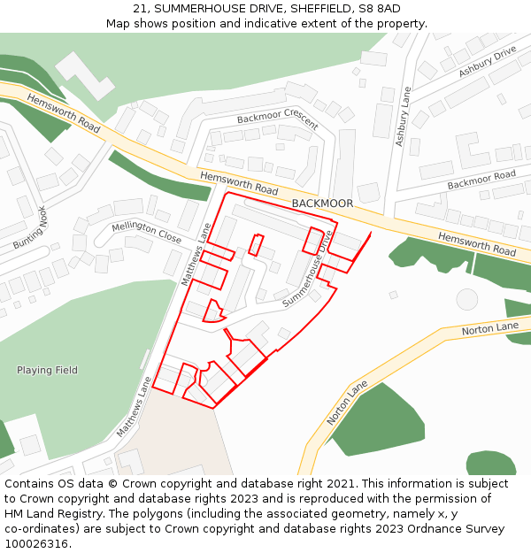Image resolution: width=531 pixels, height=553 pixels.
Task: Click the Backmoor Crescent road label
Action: [277, 119]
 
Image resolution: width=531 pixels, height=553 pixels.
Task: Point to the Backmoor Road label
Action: [481, 180]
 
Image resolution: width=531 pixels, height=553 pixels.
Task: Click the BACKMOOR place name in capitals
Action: [322, 204]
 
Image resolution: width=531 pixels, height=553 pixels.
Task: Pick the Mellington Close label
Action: [146, 233]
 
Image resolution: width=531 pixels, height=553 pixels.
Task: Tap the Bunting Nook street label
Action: [29, 227]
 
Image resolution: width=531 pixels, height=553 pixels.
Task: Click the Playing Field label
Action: [47, 370]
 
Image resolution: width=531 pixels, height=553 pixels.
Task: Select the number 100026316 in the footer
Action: [36, 544]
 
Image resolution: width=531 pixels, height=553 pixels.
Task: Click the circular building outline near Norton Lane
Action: [466, 300]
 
